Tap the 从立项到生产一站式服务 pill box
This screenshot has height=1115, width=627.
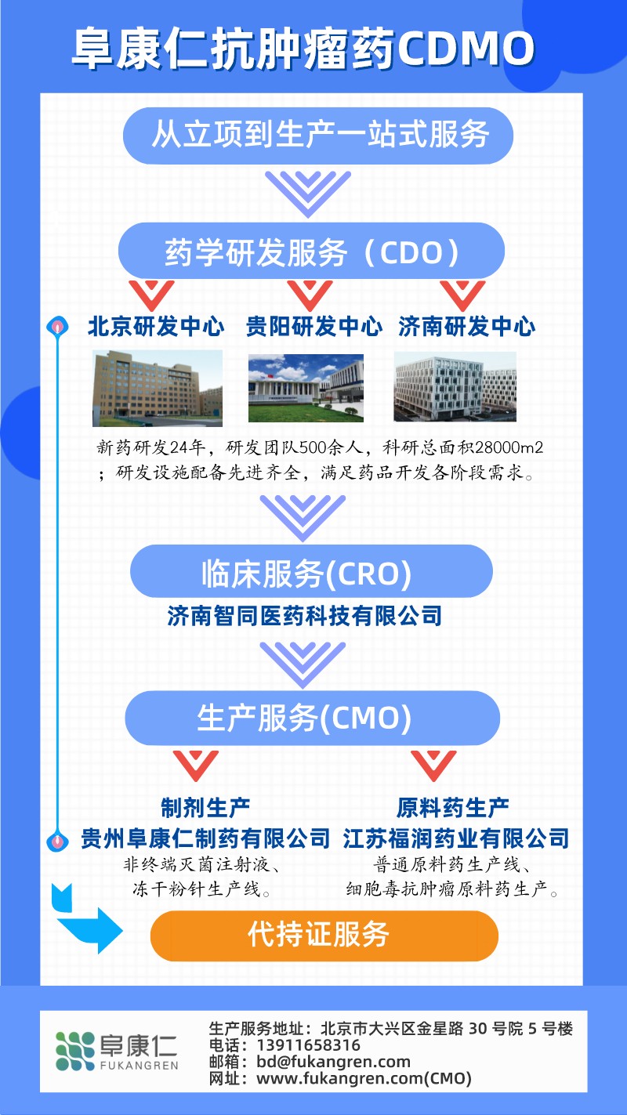point(318,136)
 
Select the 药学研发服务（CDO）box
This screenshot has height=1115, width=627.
point(311,252)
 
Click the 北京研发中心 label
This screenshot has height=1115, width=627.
point(156,327)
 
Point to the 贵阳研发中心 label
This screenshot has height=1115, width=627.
point(314,327)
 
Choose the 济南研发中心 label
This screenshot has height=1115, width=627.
point(466,327)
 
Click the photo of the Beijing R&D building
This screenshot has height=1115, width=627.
point(158,388)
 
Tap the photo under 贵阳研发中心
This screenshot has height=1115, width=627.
point(306,388)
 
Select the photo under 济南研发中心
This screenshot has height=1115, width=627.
point(455,387)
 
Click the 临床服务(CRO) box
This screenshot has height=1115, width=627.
point(311,573)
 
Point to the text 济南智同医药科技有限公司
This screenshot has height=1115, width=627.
point(305,616)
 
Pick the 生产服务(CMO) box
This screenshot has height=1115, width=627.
point(312,718)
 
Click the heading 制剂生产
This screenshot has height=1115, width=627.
point(205,807)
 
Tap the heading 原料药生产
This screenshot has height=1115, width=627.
point(453,807)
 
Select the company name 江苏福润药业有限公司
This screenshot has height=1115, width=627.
point(455,839)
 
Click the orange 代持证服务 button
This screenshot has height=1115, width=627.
point(324,935)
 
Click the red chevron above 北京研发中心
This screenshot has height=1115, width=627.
point(151,294)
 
